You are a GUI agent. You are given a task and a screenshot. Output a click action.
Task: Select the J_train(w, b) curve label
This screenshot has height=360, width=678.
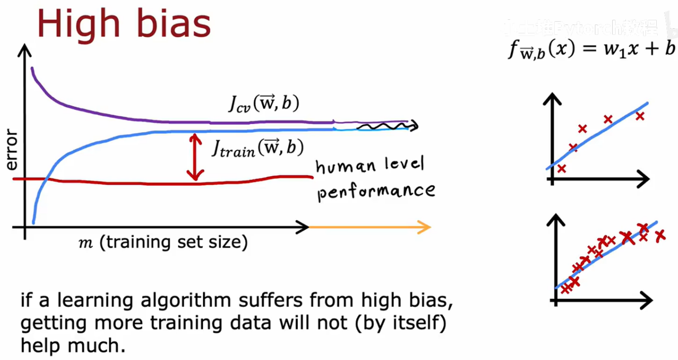[x=257, y=148]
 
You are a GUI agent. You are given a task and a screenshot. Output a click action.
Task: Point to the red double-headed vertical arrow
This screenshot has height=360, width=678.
[x=195, y=157]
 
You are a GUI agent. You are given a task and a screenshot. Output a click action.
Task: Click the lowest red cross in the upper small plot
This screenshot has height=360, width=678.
[x=561, y=168]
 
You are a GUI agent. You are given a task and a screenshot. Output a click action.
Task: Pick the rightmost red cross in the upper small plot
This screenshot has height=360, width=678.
[x=640, y=116]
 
